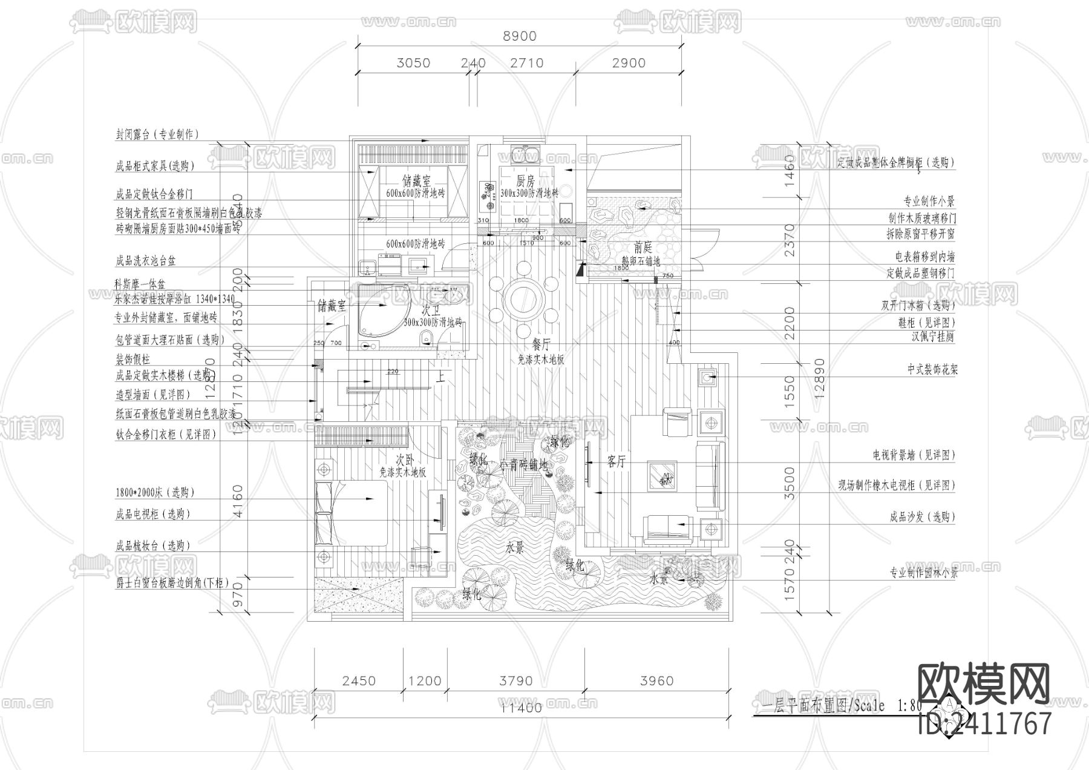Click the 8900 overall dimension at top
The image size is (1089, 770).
pos(520,36)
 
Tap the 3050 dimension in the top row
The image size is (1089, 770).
pos(413,63)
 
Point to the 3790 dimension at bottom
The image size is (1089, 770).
pos(516,681)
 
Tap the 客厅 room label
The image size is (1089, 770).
pos(616,462)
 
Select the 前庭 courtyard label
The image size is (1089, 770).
pos(643,248)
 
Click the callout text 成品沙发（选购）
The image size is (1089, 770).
pos(922,517)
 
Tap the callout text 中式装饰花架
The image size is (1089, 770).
pos(932,370)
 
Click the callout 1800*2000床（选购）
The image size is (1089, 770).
pos(155,493)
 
